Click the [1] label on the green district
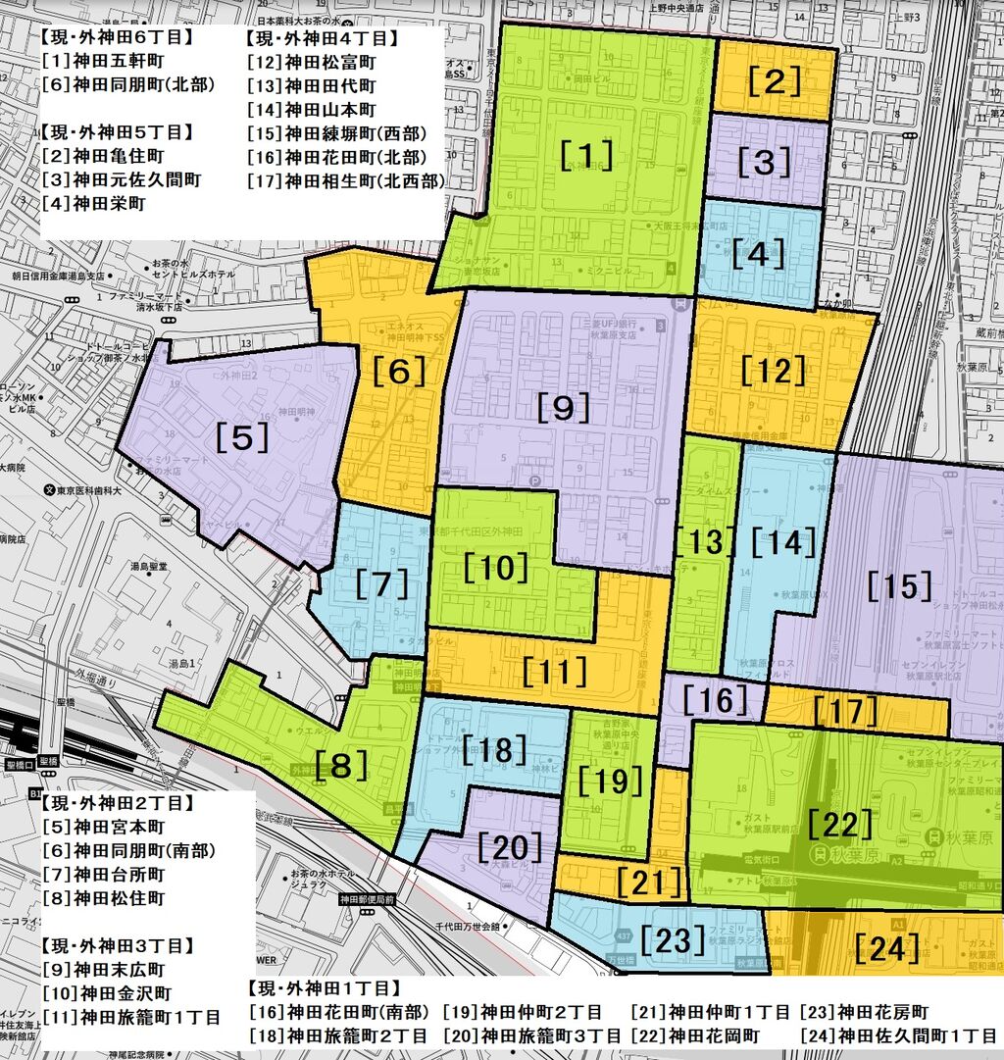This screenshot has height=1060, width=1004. coord(587,155)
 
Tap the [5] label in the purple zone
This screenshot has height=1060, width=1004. coord(242,438)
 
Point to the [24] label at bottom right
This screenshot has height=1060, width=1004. coord(886,947)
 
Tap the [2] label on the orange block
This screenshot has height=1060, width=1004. coord(775,82)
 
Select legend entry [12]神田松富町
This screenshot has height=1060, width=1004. coord(312,62)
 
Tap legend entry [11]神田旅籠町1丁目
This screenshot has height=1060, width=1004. coord(130,1016)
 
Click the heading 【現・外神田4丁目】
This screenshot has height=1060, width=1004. coord(320,38)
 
